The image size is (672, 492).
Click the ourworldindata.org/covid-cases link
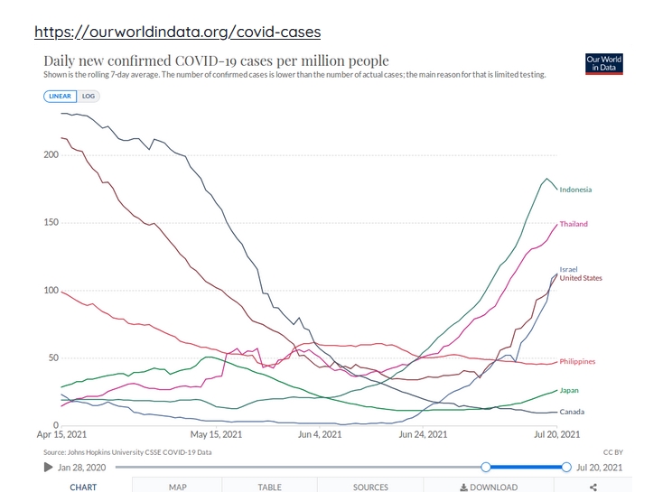click(x=177, y=32)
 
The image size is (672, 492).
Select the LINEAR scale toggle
click(x=61, y=95)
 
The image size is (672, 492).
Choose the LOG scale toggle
click(x=89, y=95)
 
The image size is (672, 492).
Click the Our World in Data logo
click(x=604, y=64)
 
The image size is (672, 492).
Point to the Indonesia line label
click(x=575, y=190)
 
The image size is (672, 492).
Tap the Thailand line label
click(x=574, y=224)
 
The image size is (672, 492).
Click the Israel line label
click(x=568, y=269)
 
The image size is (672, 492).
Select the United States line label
click(x=581, y=278)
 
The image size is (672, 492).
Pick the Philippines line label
click(x=577, y=362)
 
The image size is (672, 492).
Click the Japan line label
click(x=569, y=391)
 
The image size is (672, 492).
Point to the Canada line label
click(x=571, y=413)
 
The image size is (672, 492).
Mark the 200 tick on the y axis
click(x=51, y=155)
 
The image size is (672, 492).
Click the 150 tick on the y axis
click(x=51, y=223)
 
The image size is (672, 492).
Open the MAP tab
click(x=177, y=487)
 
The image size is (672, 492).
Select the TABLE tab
click(x=269, y=487)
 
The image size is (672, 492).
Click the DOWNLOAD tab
click(x=489, y=487)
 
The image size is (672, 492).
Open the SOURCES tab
click(x=370, y=487)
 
